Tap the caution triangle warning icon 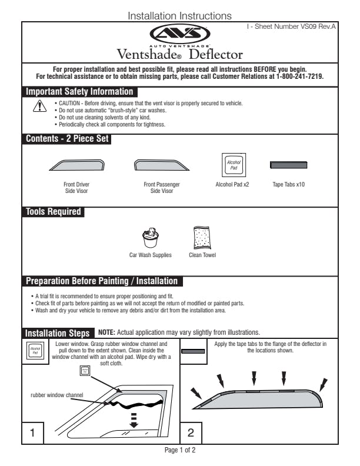point(39,106)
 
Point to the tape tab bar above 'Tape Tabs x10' point(288,164)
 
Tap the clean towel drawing point(203,238)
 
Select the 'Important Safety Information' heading point(79,92)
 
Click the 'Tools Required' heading point(54,212)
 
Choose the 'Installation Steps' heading point(58,333)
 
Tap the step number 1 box point(33,433)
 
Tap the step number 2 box point(191,433)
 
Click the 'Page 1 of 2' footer point(179,450)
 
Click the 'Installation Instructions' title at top point(179,15)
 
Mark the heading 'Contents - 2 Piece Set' point(66,139)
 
